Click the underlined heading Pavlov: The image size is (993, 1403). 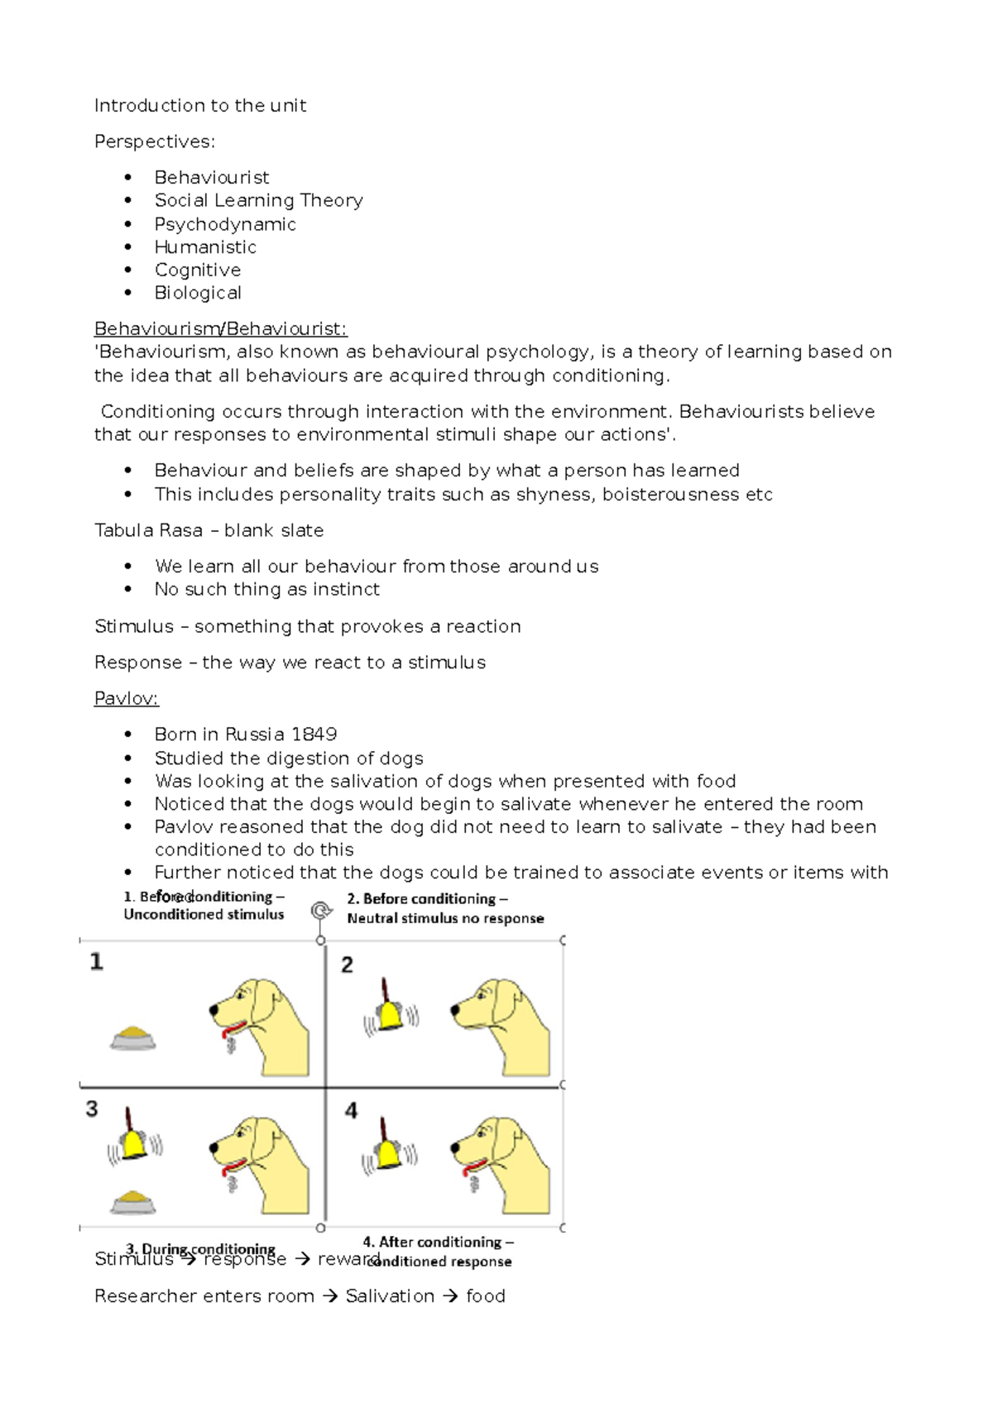tap(126, 698)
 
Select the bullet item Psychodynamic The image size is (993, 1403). tap(224, 224)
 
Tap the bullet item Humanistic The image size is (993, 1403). tap(205, 247)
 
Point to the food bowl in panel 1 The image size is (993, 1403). tap(133, 1037)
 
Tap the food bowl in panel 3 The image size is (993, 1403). tap(133, 1201)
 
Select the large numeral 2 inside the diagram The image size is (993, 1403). tap(347, 965)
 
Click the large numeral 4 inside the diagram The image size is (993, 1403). tap(351, 1110)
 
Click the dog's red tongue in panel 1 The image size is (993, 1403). tap(233, 1030)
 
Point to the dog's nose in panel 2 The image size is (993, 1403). tap(454, 1010)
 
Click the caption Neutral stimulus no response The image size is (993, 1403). tap(445, 918)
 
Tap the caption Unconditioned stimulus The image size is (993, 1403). tap(204, 914)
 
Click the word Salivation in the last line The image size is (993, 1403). tap(390, 1296)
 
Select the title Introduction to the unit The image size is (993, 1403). tap(200, 106)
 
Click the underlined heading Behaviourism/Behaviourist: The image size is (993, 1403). tap(220, 329)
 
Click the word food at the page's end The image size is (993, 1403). tap(485, 1296)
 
